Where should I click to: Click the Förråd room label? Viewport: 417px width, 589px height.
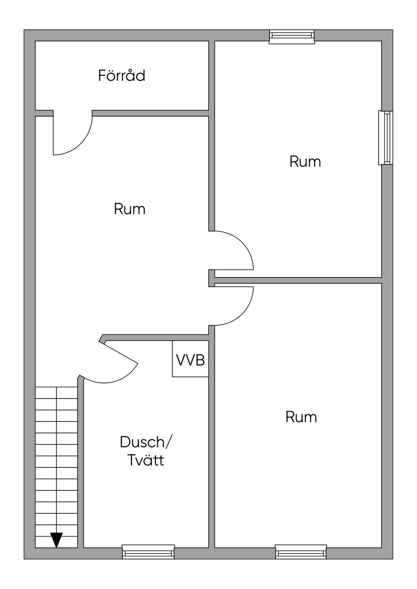point(122,76)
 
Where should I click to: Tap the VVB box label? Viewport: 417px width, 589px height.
point(190,360)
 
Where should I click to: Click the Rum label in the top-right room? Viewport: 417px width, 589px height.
point(305,161)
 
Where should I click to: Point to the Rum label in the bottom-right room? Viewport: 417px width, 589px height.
point(301,417)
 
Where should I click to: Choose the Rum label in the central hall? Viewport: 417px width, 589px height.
point(129,209)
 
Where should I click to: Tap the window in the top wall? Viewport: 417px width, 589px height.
point(292,37)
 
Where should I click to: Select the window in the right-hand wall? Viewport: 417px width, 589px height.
point(385,138)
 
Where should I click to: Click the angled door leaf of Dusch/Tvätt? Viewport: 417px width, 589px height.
point(121,352)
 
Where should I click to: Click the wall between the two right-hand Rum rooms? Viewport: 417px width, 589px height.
point(298,280)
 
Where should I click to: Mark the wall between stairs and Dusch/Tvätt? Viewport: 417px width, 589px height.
point(81,463)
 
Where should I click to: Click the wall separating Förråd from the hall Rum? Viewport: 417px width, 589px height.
point(151,113)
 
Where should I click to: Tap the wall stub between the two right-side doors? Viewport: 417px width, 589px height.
point(212,278)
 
